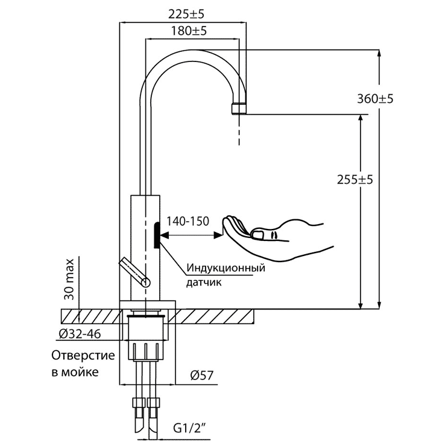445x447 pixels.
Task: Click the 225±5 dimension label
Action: pos(186,14)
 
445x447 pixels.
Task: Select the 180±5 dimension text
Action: pos(189,31)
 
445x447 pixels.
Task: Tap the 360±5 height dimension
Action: pos(375,99)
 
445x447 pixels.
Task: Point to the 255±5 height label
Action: pos(355,180)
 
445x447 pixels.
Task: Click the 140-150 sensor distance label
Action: pos(188,221)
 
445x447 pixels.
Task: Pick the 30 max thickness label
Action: pos(69,280)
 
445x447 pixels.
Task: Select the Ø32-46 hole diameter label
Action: pos(80,334)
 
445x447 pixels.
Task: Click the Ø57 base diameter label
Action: pos(202,375)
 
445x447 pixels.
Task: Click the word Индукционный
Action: pos(226,268)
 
